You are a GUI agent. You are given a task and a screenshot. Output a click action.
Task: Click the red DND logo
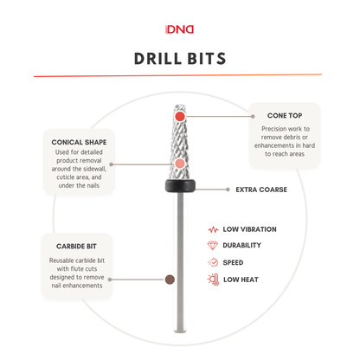[179, 29]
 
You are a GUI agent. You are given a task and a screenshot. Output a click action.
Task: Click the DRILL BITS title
[180, 59]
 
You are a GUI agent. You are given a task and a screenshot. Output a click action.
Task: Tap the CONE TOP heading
[285, 116]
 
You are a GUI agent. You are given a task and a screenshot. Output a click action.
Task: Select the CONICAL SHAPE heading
[79, 142]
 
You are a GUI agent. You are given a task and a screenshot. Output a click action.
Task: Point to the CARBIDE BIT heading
[76, 247]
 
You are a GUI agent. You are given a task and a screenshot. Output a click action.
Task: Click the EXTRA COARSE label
[261, 190]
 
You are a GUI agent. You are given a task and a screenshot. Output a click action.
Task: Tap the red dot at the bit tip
[180, 117]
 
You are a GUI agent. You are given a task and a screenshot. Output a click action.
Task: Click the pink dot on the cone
[180, 164]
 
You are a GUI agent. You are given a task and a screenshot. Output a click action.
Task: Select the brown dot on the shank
[170, 280]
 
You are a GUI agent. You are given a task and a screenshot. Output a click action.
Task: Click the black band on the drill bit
[180, 186]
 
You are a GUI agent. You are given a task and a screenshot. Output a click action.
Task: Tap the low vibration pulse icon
[213, 229]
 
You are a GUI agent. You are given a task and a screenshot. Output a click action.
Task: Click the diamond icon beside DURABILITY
[213, 246]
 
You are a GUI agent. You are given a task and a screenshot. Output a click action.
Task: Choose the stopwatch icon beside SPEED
[213, 262]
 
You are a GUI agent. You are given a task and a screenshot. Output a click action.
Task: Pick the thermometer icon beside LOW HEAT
[213, 280]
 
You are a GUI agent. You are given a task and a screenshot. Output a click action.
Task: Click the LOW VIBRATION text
[249, 229]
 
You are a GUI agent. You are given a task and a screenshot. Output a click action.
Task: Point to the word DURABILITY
[241, 245]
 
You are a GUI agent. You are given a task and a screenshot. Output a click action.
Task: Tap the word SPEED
[233, 262]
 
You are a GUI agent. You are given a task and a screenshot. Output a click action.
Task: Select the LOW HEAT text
[241, 280]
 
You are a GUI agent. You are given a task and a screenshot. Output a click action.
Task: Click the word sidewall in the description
[95, 169]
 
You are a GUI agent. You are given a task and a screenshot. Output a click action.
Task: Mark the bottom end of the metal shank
[180, 331]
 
